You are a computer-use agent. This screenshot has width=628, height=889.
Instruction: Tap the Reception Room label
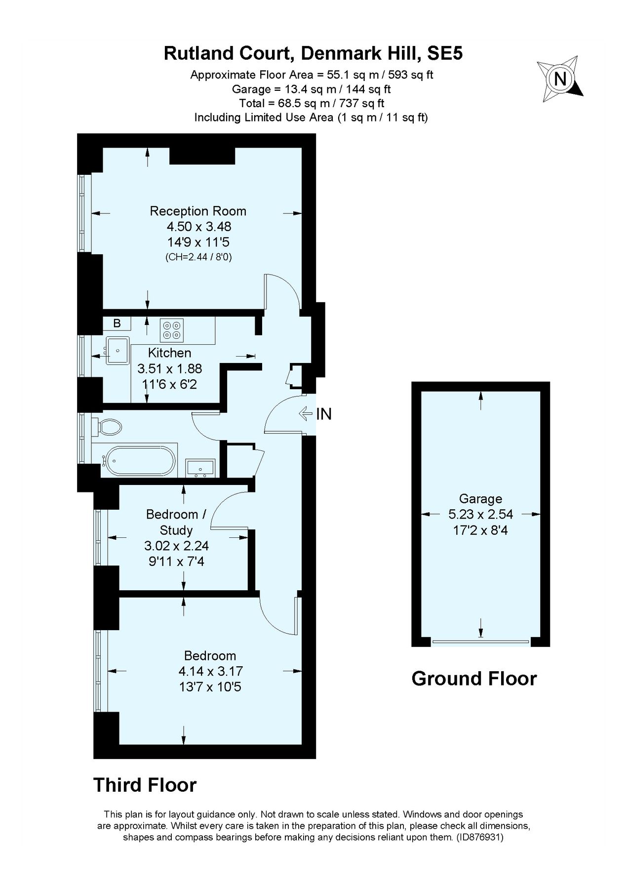coord(198,211)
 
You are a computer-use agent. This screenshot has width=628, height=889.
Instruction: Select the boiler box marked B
coord(117,323)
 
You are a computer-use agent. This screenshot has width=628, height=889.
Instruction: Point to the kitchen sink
coord(118,350)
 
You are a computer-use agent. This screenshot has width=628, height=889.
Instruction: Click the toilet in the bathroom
coord(110,427)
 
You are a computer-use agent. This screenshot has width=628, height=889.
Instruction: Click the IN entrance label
coord(324,414)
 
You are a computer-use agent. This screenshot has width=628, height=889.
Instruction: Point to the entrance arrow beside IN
coord(306,413)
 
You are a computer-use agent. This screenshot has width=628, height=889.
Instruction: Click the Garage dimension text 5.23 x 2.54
coord(480,514)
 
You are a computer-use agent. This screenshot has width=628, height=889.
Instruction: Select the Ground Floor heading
coord(474,679)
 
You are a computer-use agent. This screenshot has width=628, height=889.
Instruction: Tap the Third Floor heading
coord(145,785)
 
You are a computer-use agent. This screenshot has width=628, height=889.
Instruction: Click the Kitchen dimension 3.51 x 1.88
coord(169,368)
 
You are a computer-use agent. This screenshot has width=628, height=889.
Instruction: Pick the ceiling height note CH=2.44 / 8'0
coord(198,257)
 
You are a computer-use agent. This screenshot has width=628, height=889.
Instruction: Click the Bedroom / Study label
coord(176,522)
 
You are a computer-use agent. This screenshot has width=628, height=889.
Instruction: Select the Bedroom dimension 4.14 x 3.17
coord(210,671)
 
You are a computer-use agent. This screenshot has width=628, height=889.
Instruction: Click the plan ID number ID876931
coord(478,837)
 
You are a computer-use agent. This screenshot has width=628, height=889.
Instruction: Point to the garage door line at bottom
coord(480,643)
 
